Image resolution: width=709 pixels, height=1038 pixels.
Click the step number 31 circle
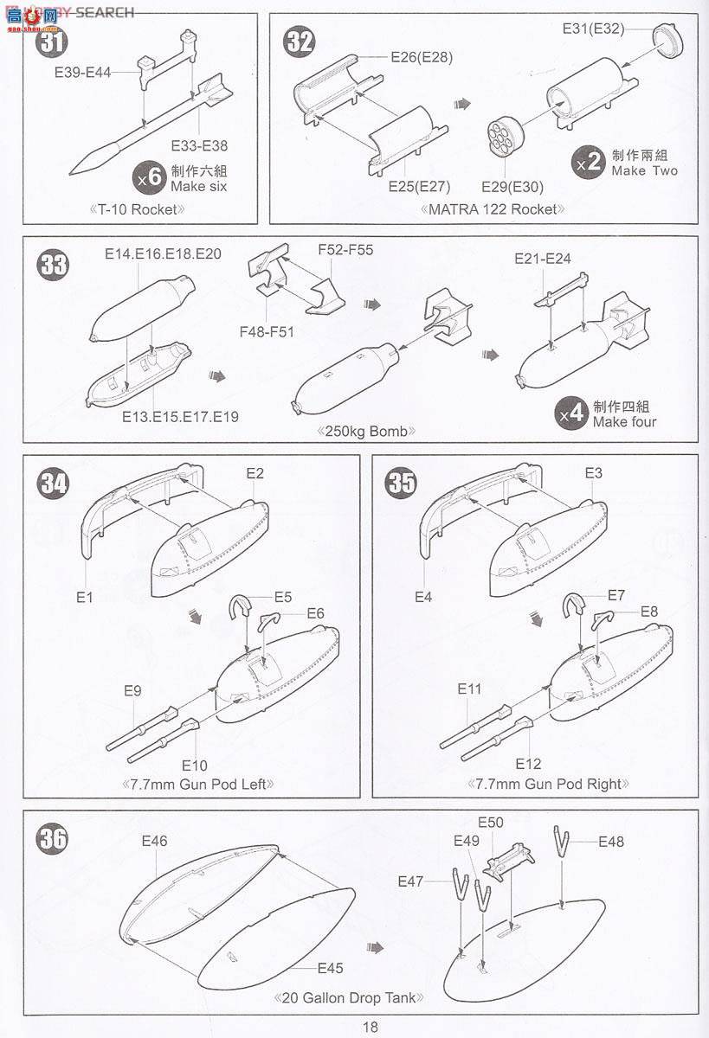point(51,42)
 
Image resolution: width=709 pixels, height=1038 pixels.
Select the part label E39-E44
point(82,73)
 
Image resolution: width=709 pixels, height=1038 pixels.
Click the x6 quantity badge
point(149,178)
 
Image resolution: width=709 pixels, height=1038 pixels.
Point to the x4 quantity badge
point(571,413)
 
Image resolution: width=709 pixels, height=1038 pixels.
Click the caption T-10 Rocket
point(137,209)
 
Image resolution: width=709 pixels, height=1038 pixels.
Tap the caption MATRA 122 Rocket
point(493,209)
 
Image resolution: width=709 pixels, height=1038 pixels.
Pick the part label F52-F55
point(345,250)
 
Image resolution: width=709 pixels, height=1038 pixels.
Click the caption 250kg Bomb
point(366,432)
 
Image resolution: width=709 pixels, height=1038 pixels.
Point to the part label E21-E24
point(543,259)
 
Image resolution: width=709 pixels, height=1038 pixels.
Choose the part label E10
point(194,765)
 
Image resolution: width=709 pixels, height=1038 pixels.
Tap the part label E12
point(528,763)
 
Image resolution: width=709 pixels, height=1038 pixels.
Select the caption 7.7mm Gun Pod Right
point(548,784)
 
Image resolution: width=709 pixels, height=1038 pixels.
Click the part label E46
point(154,841)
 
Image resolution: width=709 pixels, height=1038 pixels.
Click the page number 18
point(370,1027)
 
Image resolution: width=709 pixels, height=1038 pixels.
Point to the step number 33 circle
point(53,266)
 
